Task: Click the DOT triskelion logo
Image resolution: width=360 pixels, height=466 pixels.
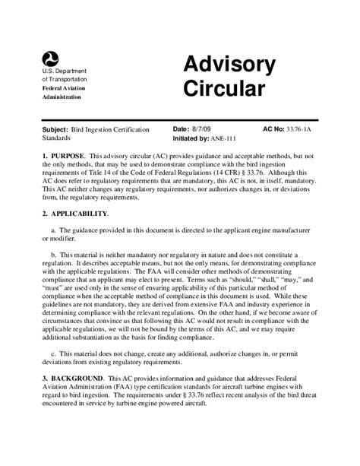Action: (51, 57)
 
